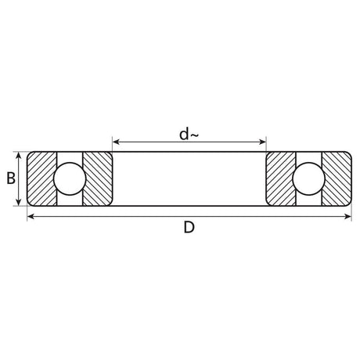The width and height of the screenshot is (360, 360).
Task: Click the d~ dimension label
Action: [x=189, y=134]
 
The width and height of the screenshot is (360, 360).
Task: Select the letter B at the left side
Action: [x=11, y=178]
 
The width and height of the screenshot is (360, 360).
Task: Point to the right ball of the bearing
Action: [x=308, y=179]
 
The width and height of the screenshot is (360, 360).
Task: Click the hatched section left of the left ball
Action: [x=41, y=179]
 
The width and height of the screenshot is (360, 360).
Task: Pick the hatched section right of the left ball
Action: [x=98, y=179]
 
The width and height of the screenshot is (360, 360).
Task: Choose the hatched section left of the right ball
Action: [x=279, y=179]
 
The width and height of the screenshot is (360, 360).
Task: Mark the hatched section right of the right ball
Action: [x=337, y=179]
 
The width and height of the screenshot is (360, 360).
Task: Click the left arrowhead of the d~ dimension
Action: [x=116, y=142]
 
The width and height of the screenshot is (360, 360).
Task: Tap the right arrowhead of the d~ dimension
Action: [x=262, y=142]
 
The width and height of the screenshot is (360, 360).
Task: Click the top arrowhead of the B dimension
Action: [x=19, y=155]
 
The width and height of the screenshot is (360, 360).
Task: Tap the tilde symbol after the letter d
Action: [x=195, y=135]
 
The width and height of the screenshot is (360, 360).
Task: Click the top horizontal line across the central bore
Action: [x=189, y=151]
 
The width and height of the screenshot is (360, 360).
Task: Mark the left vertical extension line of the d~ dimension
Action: [x=112, y=145]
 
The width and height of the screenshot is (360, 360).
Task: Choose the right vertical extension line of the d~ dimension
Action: [x=266, y=145]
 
